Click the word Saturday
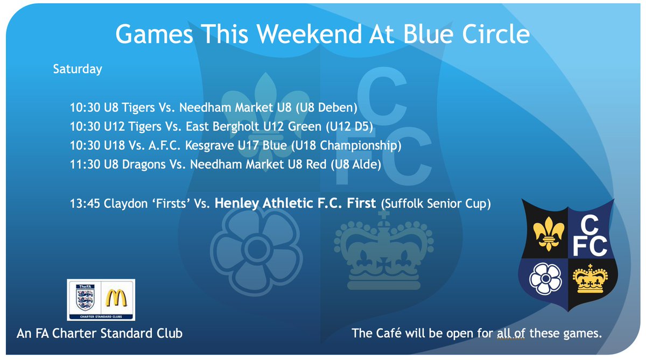(x=77, y=69)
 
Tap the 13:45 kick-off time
(x=83, y=204)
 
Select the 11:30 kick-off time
(x=83, y=165)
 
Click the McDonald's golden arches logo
(x=118, y=298)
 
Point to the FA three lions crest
(x=86, y=299)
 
